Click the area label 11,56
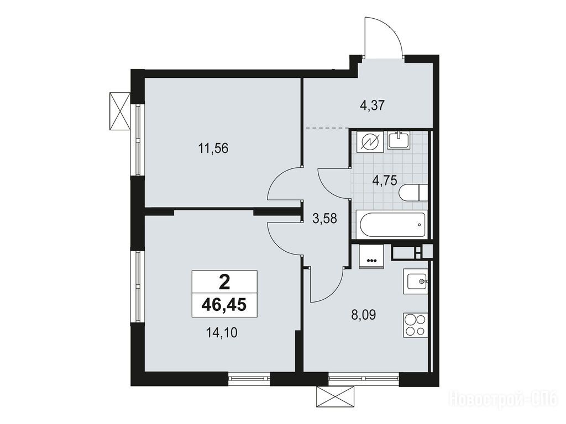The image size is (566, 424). (x=213, y=148)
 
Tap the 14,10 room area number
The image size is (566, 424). (x=221, y=333)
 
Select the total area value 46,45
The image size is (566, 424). (x=224, y=305)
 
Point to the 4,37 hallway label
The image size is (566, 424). (x=373, y=105)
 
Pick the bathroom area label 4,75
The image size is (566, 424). (x=385, y=179)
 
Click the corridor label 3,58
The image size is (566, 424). (x=325, y=219)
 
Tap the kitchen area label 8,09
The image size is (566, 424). (x=364, y=315)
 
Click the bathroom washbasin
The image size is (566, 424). (x=399, y=140)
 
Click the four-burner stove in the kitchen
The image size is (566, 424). (x=415, y=325)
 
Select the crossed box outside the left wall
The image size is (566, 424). (x=119, y=110)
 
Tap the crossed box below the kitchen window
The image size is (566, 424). (x=336, y=397)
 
